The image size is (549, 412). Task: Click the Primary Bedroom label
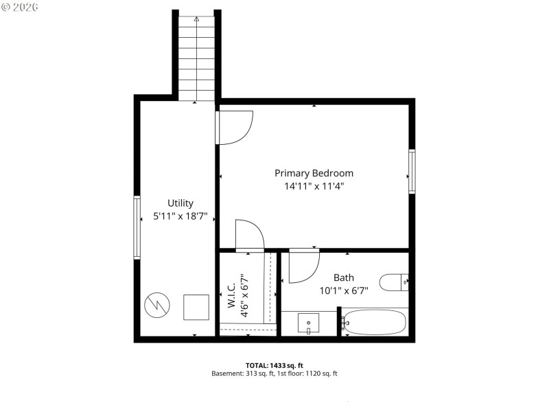(x=314, y=173)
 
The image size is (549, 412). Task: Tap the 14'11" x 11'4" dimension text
(x=314, y=186)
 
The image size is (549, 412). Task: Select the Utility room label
(x=180, y=203)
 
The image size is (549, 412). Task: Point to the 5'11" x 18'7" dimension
(x=180, y=216)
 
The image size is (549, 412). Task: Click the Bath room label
(x=344, y=277)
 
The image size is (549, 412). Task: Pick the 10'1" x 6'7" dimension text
(x=344, y=290)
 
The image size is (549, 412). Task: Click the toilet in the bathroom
(x=395, y=281)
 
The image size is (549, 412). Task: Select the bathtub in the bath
(x=375, y=322)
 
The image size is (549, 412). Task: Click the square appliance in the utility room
(x=196, y=306)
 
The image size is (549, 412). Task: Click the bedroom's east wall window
(x=412, y=171)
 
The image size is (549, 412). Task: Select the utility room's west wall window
(x=137, y=227)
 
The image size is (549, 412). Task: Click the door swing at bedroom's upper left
(x=235, y=127)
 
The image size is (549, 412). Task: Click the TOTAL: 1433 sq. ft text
(x=274, y=365)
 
